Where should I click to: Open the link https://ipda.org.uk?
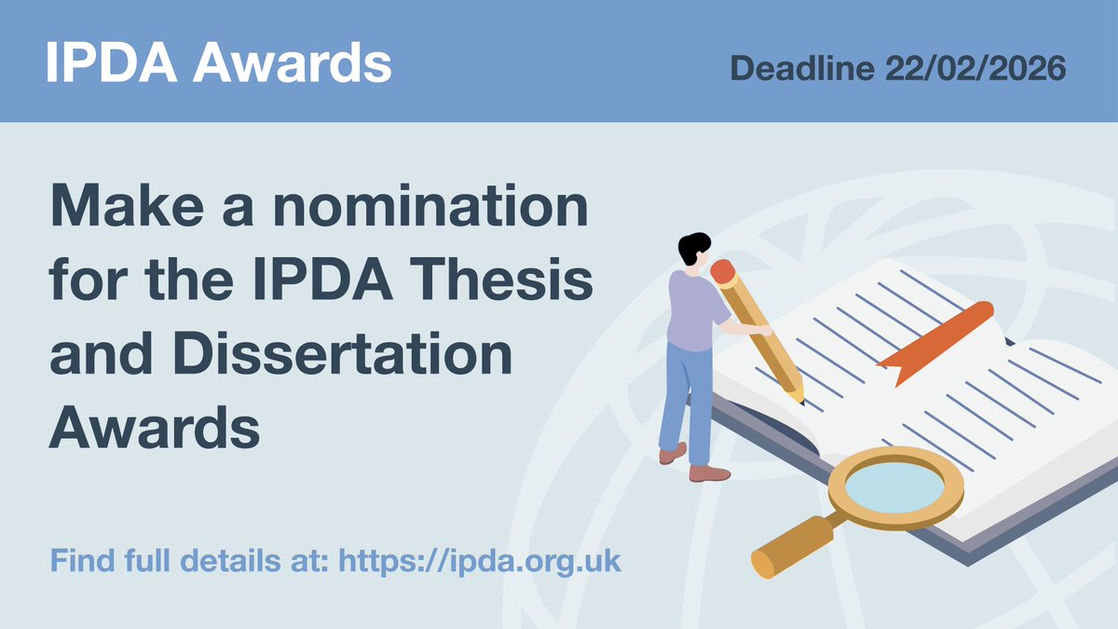(479, 562)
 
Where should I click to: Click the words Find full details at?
(189, 562)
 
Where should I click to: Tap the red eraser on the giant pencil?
(724, 271)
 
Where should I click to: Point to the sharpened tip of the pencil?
(798, 398)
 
